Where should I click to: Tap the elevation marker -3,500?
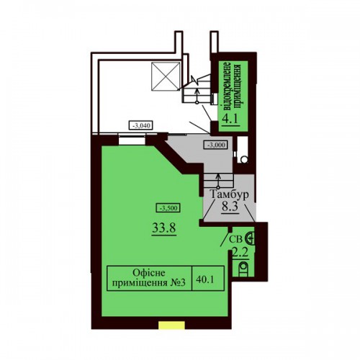pos(168,208)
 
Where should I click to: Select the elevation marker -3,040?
pos(141,125)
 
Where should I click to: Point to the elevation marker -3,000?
pos(215,145)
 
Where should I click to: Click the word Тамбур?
pos(229,194)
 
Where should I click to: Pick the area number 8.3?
pos(230,207)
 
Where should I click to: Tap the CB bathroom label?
pos(235,240)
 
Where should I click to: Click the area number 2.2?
pos(240,252)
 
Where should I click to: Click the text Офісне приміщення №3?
pos(149,278)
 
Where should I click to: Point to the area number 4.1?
pos(230,119)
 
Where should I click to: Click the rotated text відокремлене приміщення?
pos(233,87)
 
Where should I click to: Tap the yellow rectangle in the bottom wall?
pos(171,325)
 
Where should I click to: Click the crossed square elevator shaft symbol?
pos(166,76)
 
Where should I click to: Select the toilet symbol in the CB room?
pos(243,269)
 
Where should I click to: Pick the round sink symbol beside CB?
pos(250,239)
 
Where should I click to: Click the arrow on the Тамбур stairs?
pos(218,181)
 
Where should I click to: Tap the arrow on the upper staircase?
pos(197,96)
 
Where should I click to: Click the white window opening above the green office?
pos(132,140)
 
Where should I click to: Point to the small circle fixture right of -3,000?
pos(244,160)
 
